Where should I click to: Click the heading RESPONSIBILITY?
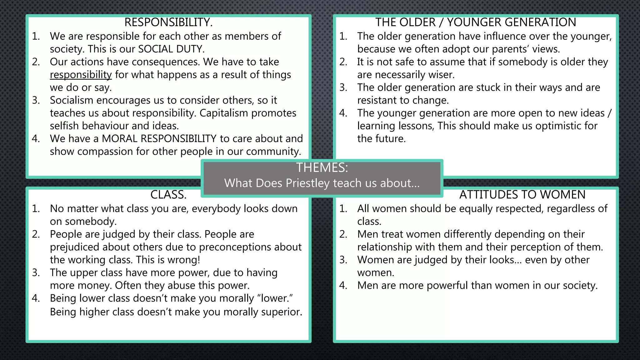point(168,22)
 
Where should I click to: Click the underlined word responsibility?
point(81,75)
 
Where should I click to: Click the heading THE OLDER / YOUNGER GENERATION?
point(476,22)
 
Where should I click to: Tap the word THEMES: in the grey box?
point(322,168)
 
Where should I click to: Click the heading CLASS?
point(168,195)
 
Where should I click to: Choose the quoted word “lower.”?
point(275,298)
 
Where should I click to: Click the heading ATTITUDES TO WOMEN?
point(522,195)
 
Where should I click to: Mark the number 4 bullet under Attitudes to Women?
point(343,286)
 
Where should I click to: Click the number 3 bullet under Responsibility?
point(36,100)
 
